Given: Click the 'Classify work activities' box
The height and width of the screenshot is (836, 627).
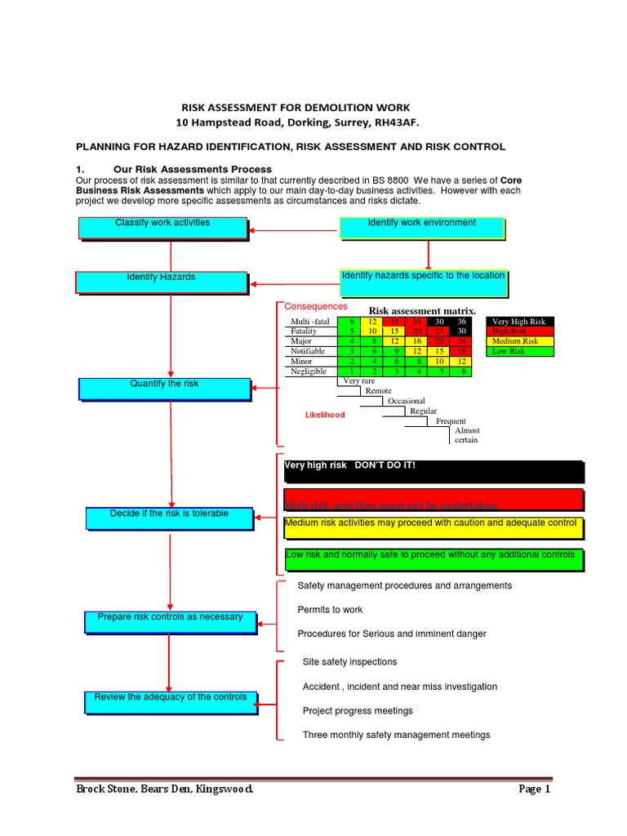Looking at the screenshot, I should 162,228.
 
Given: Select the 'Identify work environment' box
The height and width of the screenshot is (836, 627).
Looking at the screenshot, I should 421,228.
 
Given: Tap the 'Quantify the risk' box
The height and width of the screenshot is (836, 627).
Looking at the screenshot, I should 164,389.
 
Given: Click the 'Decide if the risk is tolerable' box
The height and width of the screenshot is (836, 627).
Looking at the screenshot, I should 169,518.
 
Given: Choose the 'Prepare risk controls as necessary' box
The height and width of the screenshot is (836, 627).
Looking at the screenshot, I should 170,622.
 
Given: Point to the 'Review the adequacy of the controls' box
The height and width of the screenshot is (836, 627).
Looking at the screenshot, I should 170,701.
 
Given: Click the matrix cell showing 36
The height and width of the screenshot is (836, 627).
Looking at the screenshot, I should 462,322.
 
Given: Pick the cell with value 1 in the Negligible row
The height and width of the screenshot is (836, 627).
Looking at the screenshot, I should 352,371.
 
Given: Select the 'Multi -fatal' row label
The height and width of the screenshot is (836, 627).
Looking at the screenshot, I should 310,322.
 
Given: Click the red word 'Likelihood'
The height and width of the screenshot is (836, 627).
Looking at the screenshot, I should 325,415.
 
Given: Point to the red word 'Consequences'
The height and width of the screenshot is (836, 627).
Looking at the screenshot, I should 316,306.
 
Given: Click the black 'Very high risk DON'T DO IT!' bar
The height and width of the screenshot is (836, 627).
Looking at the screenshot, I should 434,471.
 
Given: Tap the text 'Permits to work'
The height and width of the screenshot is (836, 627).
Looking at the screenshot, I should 330,610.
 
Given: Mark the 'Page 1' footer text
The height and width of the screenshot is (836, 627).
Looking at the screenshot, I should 535,789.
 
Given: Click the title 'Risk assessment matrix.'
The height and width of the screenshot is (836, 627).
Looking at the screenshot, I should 422,311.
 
